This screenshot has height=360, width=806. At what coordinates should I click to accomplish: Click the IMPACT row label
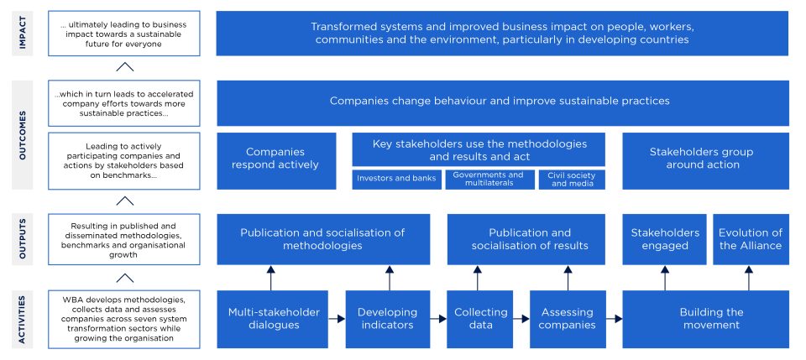24,34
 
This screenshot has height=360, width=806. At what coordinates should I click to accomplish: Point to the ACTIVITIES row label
24,319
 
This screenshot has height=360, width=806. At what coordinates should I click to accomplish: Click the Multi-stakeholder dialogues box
275,319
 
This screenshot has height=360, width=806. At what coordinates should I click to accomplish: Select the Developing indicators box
387,319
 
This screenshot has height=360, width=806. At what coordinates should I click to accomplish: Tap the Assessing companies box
568,319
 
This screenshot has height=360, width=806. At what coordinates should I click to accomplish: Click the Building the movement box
705,319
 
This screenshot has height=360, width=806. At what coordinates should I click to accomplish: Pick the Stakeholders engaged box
665,239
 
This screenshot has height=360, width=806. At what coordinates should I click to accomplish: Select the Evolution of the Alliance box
750,239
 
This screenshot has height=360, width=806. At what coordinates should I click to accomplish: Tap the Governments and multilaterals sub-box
488,180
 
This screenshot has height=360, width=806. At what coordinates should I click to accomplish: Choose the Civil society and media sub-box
571,180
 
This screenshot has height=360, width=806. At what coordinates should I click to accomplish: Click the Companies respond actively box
276,159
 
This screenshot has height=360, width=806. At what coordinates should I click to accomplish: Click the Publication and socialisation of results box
529,239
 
